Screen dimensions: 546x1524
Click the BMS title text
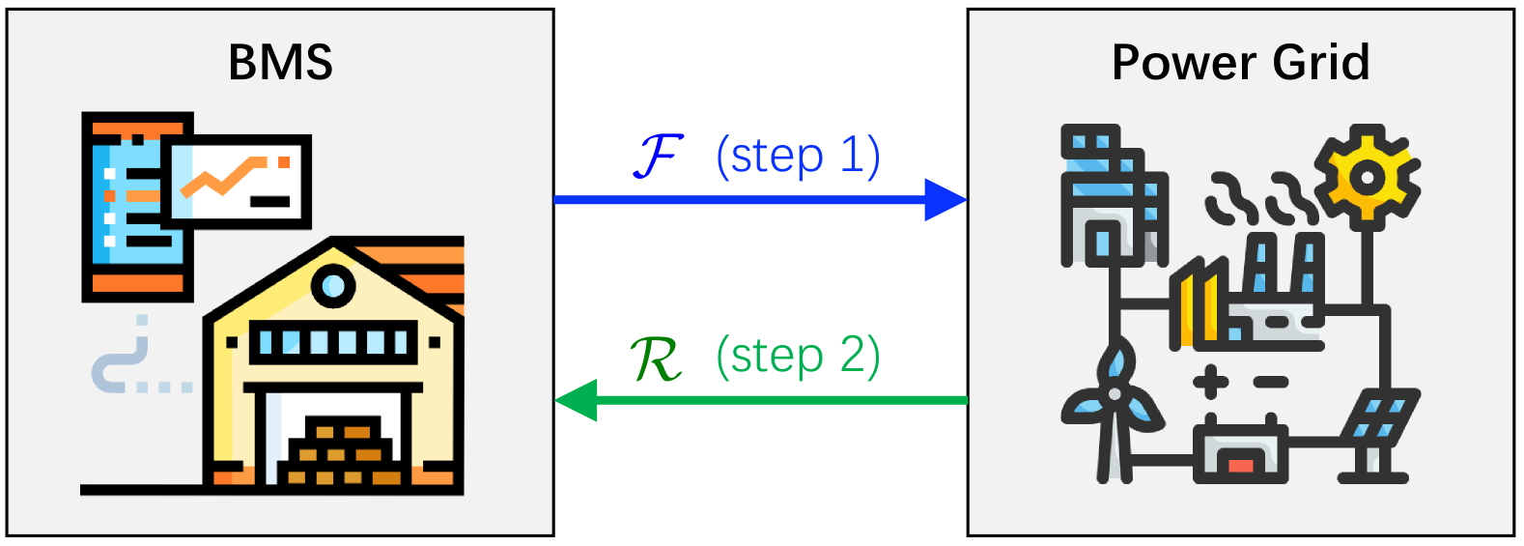[280, 63]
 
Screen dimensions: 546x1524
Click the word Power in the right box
[1184, 63]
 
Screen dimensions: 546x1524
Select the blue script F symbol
[659, 156]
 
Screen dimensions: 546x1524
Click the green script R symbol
[655, 359]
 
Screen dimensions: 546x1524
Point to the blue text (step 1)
[798, 157]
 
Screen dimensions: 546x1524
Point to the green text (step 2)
[798, 357]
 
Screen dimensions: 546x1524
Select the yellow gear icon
[1367, 177]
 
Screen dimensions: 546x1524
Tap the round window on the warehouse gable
[333, 285]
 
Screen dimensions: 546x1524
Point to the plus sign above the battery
[1210, 382]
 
